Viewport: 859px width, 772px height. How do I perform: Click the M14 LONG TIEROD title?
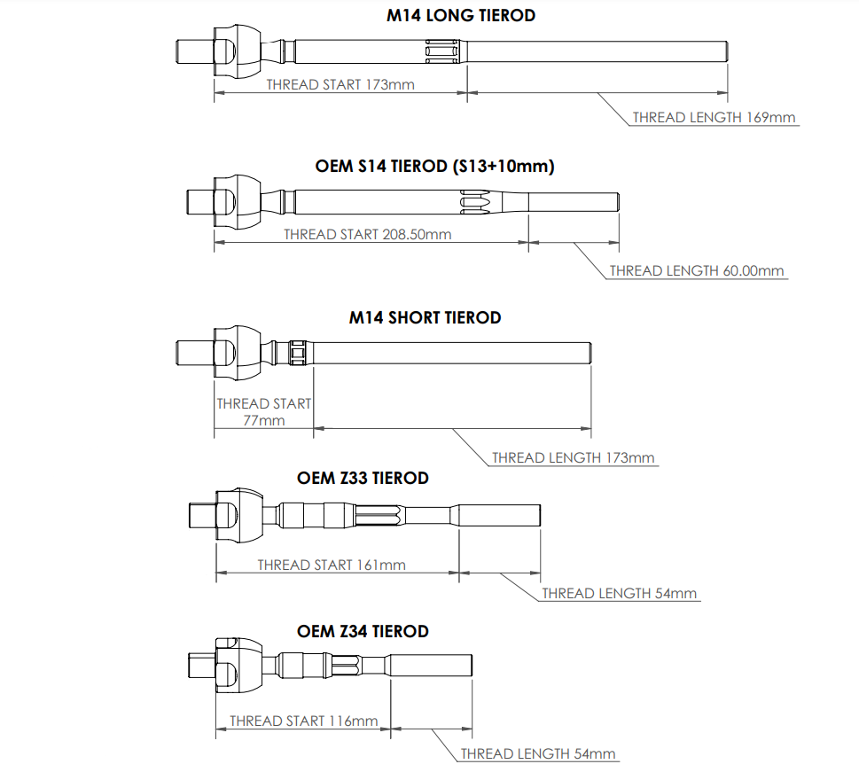tap(461, 15)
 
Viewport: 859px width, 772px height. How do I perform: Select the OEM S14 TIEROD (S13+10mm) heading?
tap(434, 166)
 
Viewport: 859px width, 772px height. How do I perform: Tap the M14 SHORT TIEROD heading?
tap(426, 317)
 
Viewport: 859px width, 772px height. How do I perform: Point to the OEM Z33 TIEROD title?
tap(363, 479)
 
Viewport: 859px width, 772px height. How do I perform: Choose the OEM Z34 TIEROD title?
tap(363, 631)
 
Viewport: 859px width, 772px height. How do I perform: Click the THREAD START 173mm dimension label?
tap(340, 85)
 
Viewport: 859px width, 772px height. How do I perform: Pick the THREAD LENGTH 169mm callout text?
tap(714, 117)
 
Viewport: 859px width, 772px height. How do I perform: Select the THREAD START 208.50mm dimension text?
tap(367, 235)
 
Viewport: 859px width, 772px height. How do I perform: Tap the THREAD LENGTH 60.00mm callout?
tap(697, 271)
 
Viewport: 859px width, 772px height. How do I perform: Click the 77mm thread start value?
tap(264, 420)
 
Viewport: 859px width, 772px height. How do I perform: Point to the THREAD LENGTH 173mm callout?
tap(573, 458)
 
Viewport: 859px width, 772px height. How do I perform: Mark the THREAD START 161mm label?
tap(332, 565)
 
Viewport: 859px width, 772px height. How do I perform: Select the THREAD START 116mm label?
tap(303, 721)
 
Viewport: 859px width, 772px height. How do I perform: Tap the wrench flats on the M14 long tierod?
tap(443, 51)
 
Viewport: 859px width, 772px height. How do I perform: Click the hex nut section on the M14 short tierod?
tap(299, 352)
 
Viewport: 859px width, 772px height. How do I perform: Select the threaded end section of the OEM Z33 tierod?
tap(498, 514)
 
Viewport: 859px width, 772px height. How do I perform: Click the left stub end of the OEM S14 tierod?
tap(199, 200)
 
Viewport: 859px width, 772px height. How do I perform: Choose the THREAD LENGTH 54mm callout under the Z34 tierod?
tap(537, 754)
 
